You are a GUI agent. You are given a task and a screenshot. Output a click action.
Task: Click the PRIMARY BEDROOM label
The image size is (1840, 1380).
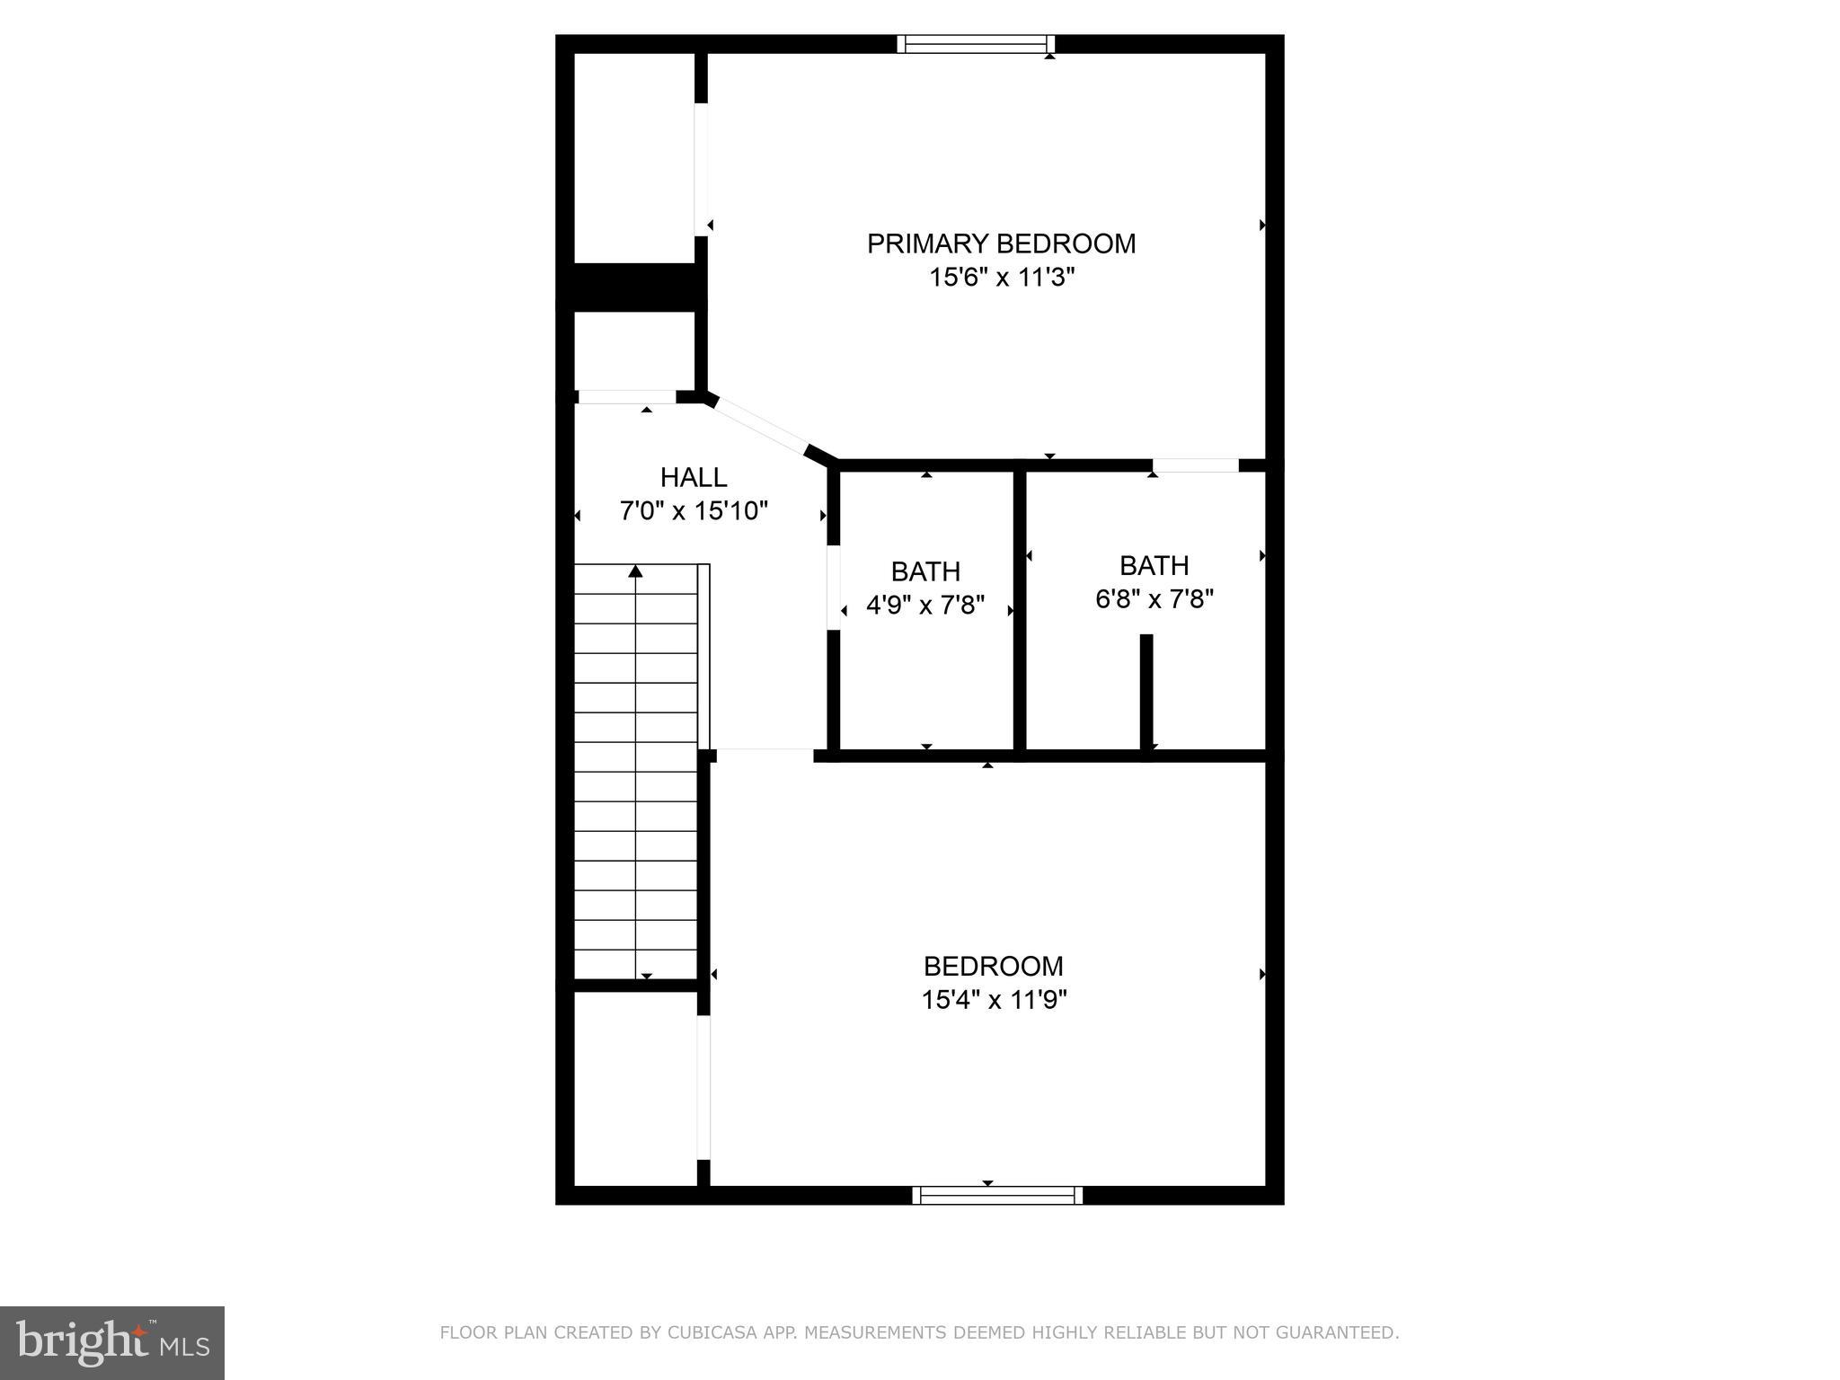click(x=1001, y=243)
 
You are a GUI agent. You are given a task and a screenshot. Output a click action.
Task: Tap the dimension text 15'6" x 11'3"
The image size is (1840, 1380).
click(x=1001, y=278)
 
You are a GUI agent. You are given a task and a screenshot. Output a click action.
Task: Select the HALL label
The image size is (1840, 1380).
click(x=693, y=477)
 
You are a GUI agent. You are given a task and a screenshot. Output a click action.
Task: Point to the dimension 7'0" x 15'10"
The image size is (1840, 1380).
click(x=693, y=511)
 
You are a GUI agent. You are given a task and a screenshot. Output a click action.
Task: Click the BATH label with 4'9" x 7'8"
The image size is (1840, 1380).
click(x=925, y=571)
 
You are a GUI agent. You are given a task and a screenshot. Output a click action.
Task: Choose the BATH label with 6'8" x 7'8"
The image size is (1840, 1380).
click(x=1154, y=565)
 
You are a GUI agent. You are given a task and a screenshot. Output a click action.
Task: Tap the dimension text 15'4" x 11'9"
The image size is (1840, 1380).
click(x=993, y=1000)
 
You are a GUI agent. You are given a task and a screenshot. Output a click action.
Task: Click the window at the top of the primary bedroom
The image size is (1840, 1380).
click(x=975, y=44)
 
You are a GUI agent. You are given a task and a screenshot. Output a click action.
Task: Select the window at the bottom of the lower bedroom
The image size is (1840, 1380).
click(x=996, y=1195)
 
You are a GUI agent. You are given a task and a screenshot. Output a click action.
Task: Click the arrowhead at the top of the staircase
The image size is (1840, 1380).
click(x=635, y=571)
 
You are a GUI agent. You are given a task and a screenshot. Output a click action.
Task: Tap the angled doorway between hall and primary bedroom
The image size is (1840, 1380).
click(x=760, y=426)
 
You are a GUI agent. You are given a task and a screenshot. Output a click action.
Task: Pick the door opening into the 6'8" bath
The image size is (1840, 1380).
click(x=1195, y=465)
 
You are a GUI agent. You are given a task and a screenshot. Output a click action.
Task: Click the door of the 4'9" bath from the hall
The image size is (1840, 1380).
click(x=833, y=587)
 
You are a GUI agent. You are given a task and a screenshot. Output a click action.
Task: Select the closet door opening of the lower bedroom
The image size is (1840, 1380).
click(x=703, y=1087)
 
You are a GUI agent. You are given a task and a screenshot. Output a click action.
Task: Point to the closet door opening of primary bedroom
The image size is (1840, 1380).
click(x=701, y=170)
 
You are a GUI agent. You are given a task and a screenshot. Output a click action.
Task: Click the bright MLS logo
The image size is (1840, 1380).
click(x=111, y=1342)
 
